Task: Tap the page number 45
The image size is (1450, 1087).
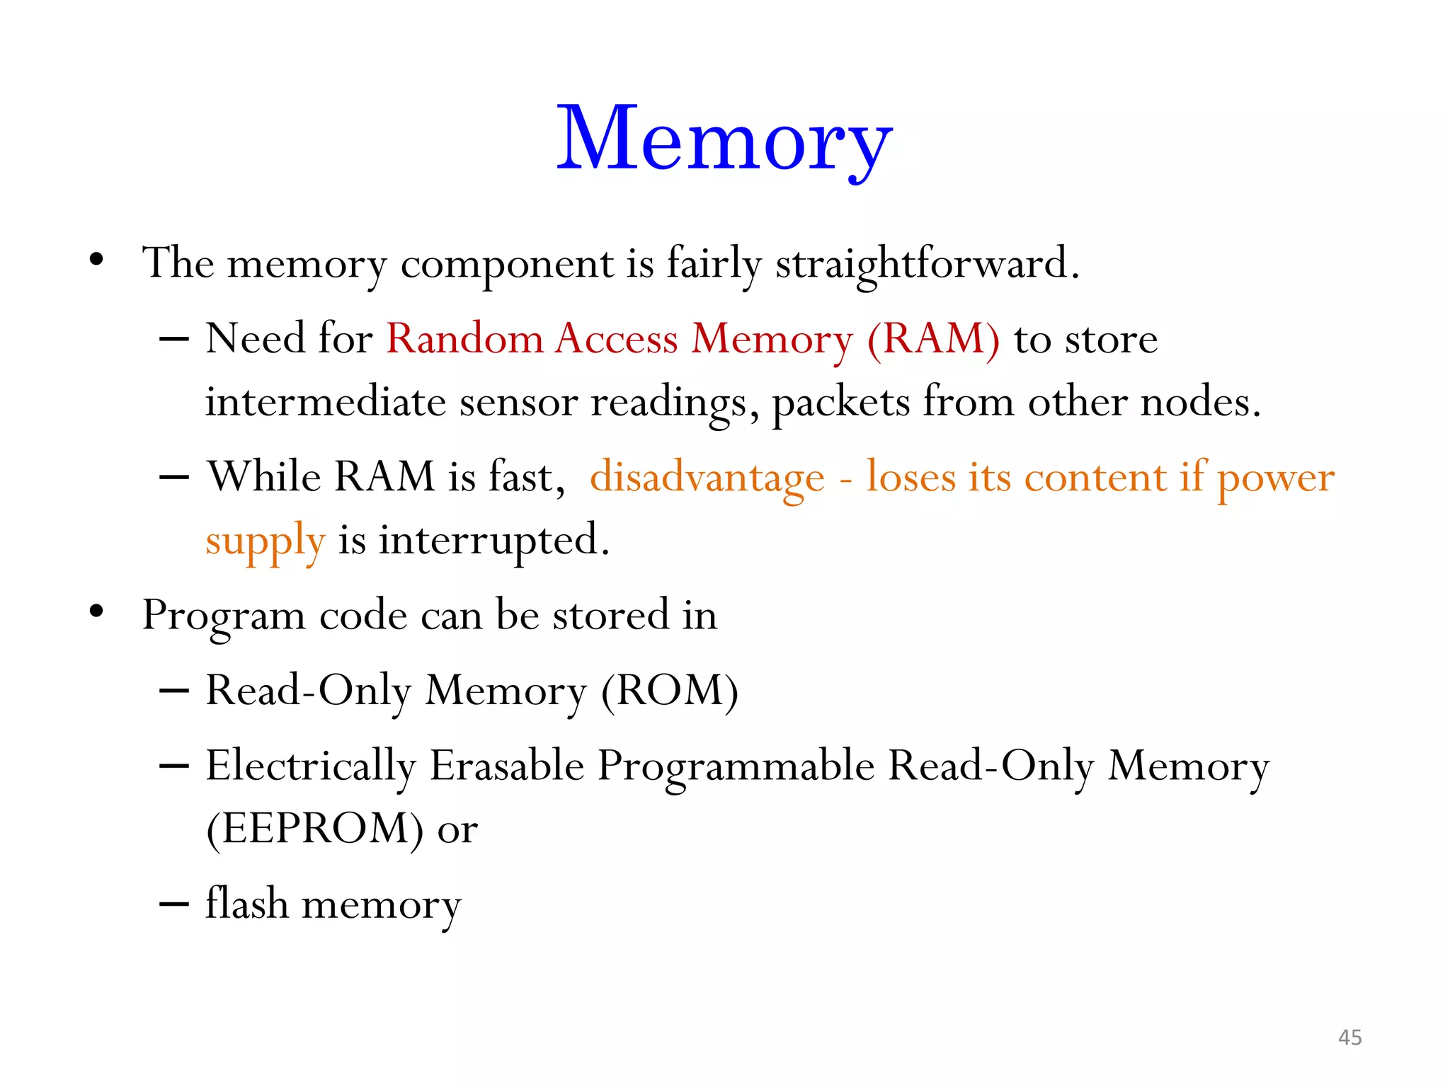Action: tap(1349, 1037)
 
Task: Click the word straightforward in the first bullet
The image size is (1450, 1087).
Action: tap(927, 263)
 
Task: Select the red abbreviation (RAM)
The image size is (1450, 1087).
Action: tap(933, 339)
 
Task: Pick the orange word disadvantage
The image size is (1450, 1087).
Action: tap(707, 477)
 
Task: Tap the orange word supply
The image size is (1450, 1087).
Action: tap(266, 541)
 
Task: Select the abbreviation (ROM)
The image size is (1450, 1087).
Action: tap(669, 691)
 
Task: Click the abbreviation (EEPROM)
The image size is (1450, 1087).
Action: tap(314, 829)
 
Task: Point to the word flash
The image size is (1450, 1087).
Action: tap(247, 904)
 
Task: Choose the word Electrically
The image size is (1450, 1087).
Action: tap(311, 766)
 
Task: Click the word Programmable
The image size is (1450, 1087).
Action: tap(736, 766)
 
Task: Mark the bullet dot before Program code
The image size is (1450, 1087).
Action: tap(97, 611)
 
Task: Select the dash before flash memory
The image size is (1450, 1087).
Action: tap(174, 904)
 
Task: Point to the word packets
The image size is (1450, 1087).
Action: tap(840, 403)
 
